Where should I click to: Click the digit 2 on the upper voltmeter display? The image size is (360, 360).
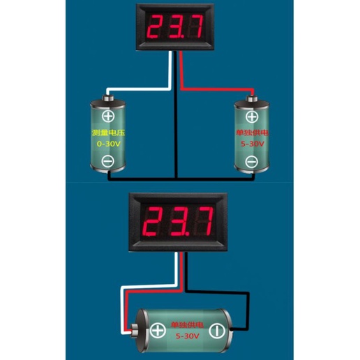pos(155,27)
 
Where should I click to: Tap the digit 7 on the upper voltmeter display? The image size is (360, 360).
pos(196,27)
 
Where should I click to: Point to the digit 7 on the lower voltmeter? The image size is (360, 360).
pos(205,221)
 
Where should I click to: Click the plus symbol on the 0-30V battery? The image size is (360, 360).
pos(108,117)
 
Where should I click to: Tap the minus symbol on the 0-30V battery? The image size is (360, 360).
pos(108,161)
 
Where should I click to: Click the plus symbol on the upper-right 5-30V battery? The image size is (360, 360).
pos(252,117)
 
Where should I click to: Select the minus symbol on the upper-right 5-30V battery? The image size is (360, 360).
pos(252,162)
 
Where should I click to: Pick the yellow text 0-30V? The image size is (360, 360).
pos(109,144)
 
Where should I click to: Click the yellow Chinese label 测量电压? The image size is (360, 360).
pos(108,133)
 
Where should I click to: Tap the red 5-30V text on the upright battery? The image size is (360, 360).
pos(253,144)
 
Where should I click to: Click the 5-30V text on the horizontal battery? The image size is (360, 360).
pos(188,336)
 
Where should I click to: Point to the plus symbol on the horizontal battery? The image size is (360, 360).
pos(158,331)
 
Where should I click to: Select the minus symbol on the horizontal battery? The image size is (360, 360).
pos(217,331)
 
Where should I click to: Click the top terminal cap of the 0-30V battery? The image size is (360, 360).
pos(108,98)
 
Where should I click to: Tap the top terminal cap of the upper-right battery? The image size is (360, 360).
pos(252,98)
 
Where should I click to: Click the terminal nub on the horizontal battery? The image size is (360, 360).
pos(135,330)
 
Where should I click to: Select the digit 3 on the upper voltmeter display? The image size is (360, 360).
pos(177,27)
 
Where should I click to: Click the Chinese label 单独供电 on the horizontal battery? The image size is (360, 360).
pos(188,324)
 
